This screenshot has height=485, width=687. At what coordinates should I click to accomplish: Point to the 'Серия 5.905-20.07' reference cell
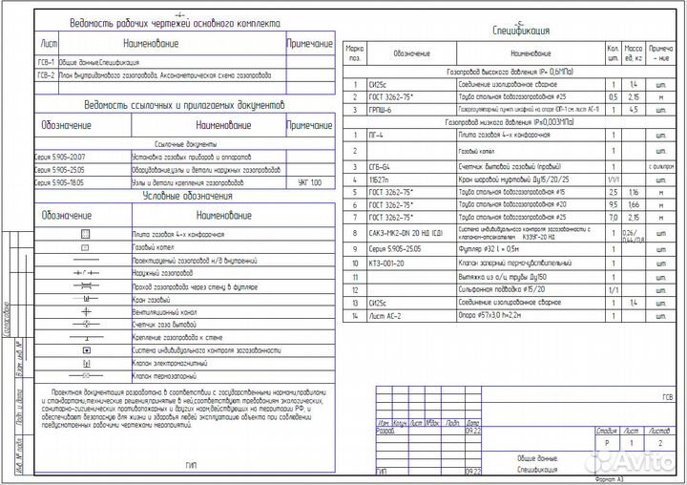[60, 155]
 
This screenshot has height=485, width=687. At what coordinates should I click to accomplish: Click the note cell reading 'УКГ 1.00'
[310, 180]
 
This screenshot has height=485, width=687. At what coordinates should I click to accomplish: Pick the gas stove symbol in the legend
[85, 234]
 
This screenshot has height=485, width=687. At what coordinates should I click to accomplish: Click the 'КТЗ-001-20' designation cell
[387, 262]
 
